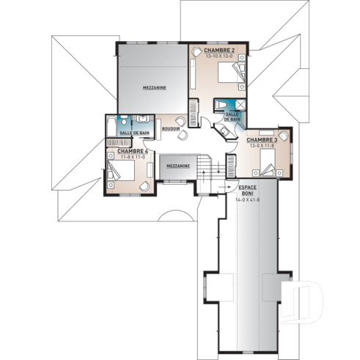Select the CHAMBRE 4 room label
(x=122, y=151)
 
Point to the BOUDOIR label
(x=171, y=128)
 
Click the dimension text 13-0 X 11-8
(x=261, y=145)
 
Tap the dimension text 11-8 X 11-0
(x=121, y=157)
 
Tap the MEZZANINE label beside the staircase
(x=178, y=166)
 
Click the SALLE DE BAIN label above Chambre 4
(x=135, y=133)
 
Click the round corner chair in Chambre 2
(x=197, y=54)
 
